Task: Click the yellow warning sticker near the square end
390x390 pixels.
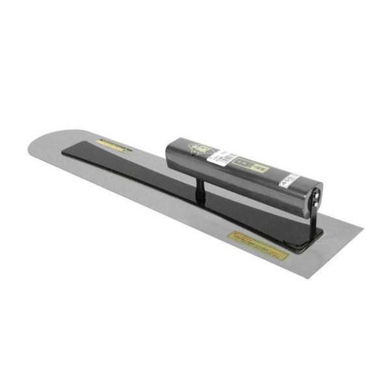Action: point(257,246)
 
